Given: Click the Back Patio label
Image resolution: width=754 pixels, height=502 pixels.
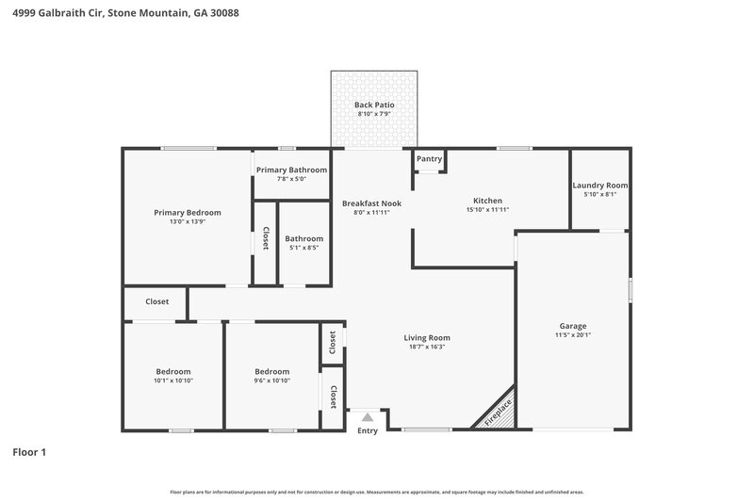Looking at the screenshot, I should pyautogui.click(x=374, y=105).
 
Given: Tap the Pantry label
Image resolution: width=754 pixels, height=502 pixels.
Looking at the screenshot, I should pyautogui.click(x=429, y=159).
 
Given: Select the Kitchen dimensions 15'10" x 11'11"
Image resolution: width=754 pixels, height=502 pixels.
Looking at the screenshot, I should pyautogui.click(x=487, y=210).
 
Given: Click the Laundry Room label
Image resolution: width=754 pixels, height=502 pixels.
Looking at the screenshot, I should pyautogui.click(x=600, y=186).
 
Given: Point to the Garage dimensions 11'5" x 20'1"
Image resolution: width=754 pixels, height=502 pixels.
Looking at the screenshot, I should pyautogui.click(x=573, y=334).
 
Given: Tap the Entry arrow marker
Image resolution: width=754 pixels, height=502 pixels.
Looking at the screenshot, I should pyautogui.click(x=368, y=416).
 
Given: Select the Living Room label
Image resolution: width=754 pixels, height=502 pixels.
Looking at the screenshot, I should pyautogui.click(x=427, y=337).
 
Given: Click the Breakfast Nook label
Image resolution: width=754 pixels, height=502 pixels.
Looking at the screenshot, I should pyautogui.click(x=371, y=203).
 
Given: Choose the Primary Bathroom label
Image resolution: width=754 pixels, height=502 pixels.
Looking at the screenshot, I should pyautogui.click(x=291, y=170).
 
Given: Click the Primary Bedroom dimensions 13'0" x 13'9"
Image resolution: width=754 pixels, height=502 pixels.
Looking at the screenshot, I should pyautogui.click(x=188, y=222).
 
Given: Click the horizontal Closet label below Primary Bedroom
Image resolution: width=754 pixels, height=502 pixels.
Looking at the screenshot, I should pyautogui.click(x=156, y=302).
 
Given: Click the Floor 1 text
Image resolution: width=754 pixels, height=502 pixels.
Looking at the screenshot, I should pyautogui.click(x=29, y=452).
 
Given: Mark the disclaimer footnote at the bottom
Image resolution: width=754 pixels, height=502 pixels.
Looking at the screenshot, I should pyautogui.click(x=376, y=492).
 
